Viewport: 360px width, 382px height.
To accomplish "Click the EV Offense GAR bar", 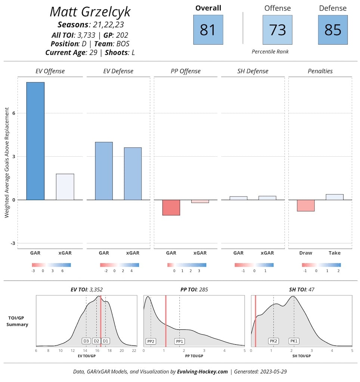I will (x=35, y=141).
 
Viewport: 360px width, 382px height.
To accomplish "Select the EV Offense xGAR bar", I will (x=65, y=187).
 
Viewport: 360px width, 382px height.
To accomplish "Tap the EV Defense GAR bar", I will (x=104, y=171).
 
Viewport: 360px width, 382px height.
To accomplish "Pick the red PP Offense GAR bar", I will (x=171, y=207).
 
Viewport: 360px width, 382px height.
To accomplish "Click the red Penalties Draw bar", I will (x=305, y=206).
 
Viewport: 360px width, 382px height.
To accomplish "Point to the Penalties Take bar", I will (x=334, y=197).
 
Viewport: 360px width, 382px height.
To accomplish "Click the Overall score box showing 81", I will (x=208, y=30).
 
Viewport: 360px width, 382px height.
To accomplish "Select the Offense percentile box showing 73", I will (x=277, y=30).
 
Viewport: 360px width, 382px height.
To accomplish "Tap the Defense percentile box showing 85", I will (x=333, y=30).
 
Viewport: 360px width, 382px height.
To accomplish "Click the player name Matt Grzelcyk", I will (x=90, y=12).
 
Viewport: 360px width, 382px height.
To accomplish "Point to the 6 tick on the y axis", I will (x=14, y=113).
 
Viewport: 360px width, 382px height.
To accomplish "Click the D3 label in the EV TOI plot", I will (x=86, y=341).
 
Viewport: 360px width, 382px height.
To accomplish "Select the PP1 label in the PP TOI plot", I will (x=180, y=341).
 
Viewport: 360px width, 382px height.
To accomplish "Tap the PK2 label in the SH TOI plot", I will (x=273, y=341).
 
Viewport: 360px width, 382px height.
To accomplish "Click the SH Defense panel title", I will (x=253, y=71).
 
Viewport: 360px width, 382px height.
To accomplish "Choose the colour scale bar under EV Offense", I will (x=52, y=265).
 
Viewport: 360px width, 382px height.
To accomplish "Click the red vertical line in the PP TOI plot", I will (x=166, y=321).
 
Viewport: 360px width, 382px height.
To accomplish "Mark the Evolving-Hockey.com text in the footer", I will (x=202, y=372).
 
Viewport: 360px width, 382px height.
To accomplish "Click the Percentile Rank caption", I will (x=270, y=51).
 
